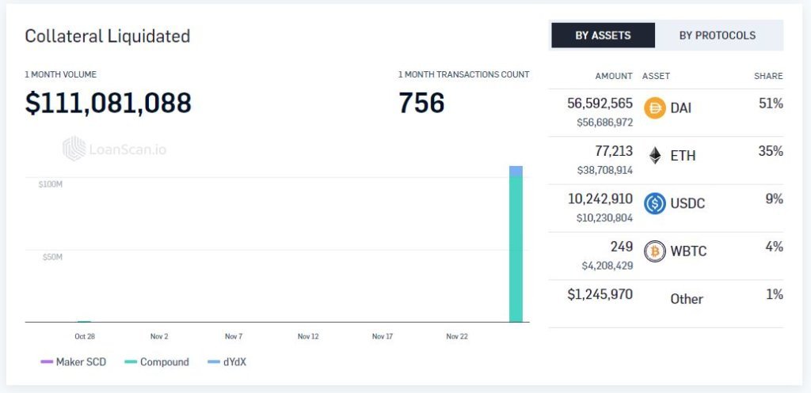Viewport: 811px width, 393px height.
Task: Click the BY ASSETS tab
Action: coord(603,35)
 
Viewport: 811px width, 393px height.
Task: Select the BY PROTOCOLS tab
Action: coord(717,35)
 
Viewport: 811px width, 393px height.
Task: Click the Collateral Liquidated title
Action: coord(107,36)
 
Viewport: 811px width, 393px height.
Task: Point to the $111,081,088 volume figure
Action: coord(108,103)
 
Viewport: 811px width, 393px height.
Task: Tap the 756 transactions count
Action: coord(421,103)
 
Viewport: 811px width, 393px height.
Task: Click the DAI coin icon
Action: coord(655,108)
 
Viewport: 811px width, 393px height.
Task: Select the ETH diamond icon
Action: coord(655,156)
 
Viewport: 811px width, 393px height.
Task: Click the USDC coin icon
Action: coord(655,203)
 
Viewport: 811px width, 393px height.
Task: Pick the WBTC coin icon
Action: coord(655,251)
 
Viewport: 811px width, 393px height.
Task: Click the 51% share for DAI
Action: coord(771,104)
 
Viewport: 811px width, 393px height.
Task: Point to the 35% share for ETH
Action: coord(771,151)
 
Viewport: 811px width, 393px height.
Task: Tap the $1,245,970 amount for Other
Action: coord(600,295)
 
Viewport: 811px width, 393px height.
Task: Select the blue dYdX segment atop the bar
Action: coord(516,171)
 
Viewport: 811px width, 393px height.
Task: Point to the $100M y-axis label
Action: coord(50,184)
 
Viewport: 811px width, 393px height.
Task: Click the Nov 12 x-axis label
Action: coord(308,337)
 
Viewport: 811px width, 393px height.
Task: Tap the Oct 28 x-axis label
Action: coord(85,337)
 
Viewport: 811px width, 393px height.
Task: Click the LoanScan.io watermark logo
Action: coord(114,149)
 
